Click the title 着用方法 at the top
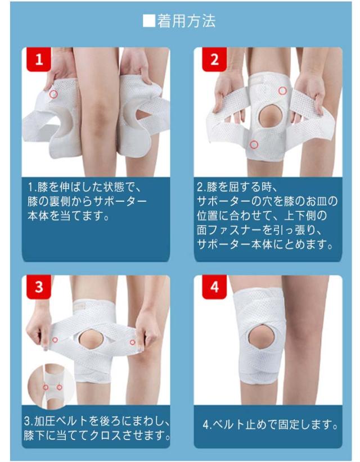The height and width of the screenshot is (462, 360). point(186,21)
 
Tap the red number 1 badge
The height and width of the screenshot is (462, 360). point(39,59)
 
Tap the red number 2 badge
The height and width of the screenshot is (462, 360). point(214,59)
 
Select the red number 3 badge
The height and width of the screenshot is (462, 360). point(39,287)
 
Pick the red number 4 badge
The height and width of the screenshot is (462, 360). point(214,287)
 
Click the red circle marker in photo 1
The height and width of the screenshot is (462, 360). point(53,94)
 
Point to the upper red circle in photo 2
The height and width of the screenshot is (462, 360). point(283,90)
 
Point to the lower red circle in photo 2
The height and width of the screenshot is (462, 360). point(254,144)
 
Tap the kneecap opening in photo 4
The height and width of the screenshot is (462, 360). point(261,336)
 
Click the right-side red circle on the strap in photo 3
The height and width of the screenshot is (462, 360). point(132,342)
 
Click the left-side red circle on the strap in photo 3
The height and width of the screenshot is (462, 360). point(55,339)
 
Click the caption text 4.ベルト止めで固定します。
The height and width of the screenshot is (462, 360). point(271,424)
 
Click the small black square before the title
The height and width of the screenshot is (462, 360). point(149,21)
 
